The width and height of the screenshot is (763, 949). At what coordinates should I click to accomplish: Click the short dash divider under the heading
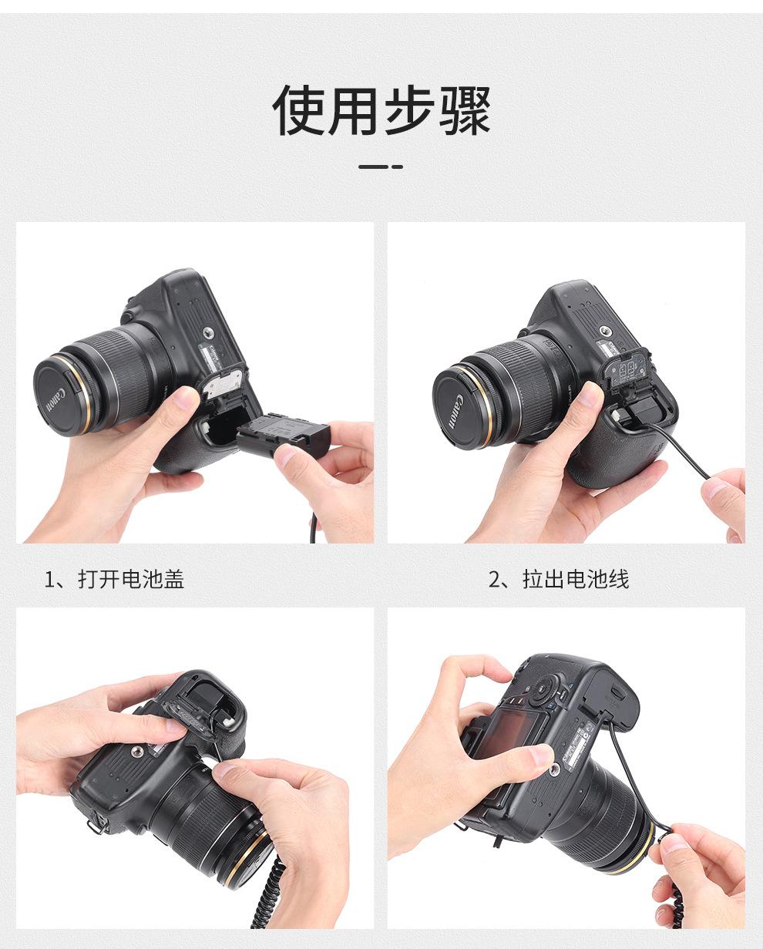pyautogui.click(x=381, y=167)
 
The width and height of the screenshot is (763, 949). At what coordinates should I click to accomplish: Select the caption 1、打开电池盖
pyautogui.click(x=114, y=579)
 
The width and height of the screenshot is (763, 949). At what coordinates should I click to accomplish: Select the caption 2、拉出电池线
pyautogui.click(x=559, y=579)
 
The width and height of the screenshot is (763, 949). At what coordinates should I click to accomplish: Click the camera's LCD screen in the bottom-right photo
pyautogui.click(x=505, y=732)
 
